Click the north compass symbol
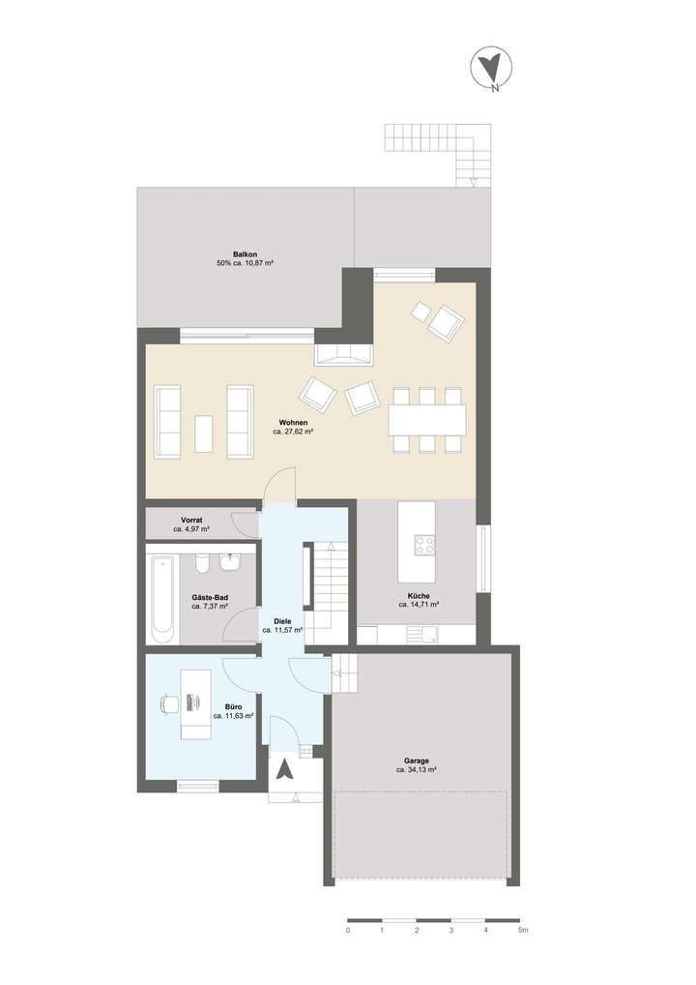489,69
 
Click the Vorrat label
191,521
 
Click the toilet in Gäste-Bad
201,564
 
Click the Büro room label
233,707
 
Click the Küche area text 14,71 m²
419,604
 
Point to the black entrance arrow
285,770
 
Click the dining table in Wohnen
426,420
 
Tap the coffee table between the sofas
203,433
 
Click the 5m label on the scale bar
522,930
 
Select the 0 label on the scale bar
347,930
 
